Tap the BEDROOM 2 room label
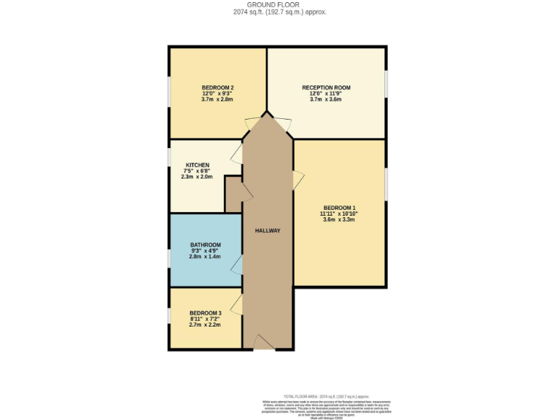click(217, 87)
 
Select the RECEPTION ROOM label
click(326, 87)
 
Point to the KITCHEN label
click(197, 165)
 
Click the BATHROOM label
click(205, 245)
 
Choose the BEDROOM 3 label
click(205, 313)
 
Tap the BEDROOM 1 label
click(340, 207)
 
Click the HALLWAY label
click(268, 230)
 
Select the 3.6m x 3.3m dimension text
click(340, 219)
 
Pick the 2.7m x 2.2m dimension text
click(205, 325)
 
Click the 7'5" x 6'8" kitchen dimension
click(197, 171)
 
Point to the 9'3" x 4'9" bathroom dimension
click(205, 252)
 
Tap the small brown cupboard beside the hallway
click(234, 192)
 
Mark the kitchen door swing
click(236, 154)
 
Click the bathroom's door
click(237, 265)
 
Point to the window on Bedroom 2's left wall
click(169, 95)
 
